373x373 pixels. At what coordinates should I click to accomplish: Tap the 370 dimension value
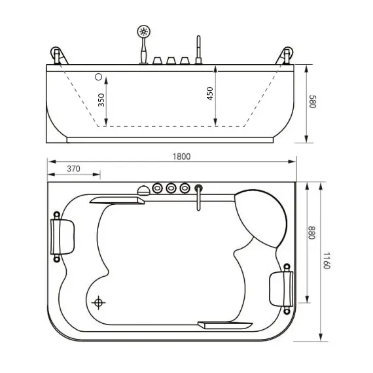[x=73, y=169]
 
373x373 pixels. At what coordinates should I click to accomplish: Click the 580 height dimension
[x=312, y=103]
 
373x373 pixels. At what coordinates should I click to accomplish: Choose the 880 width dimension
[x=311, y=233]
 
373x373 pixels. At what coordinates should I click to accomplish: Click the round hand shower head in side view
[x=143, y=31]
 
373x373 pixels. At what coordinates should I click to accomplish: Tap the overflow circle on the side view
[x=99, y=77]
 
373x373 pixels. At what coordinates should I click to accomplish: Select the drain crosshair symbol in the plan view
[x=99, y=302]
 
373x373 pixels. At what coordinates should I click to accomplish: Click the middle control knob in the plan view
[x=171, y=188]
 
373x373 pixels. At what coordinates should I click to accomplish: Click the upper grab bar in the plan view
[x=118, y=201]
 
